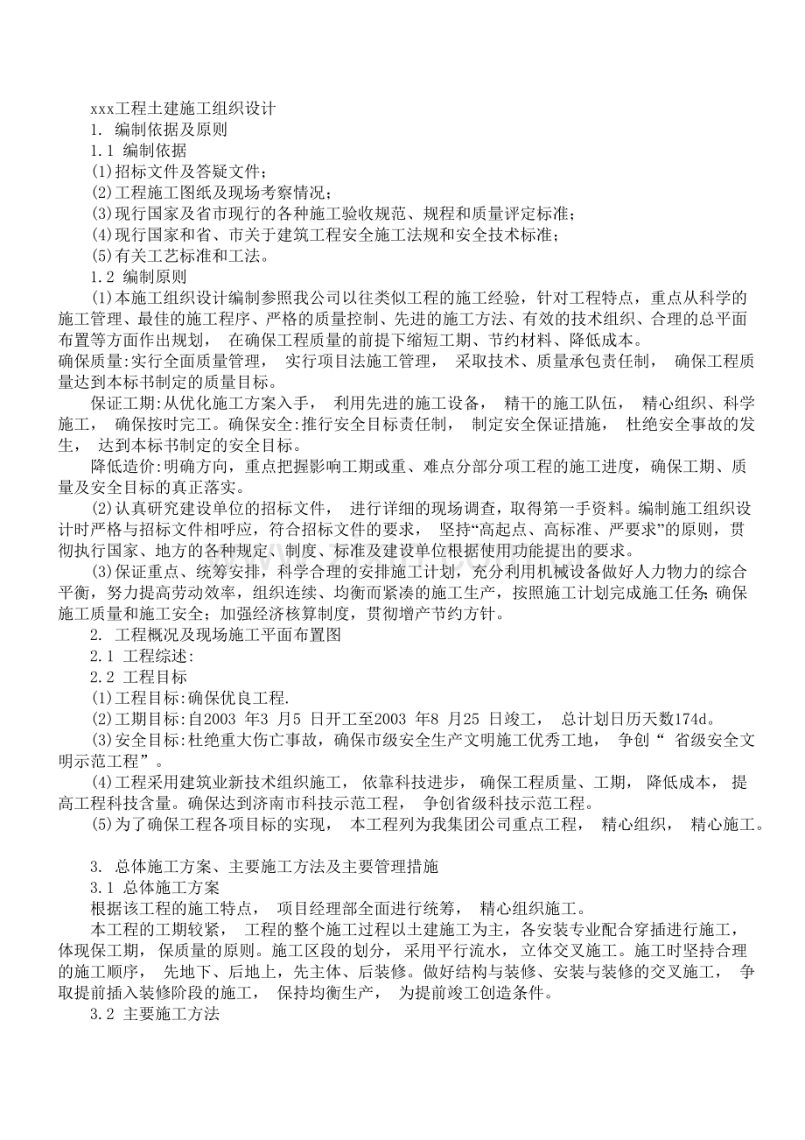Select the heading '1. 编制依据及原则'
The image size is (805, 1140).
tap(158, 130)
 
